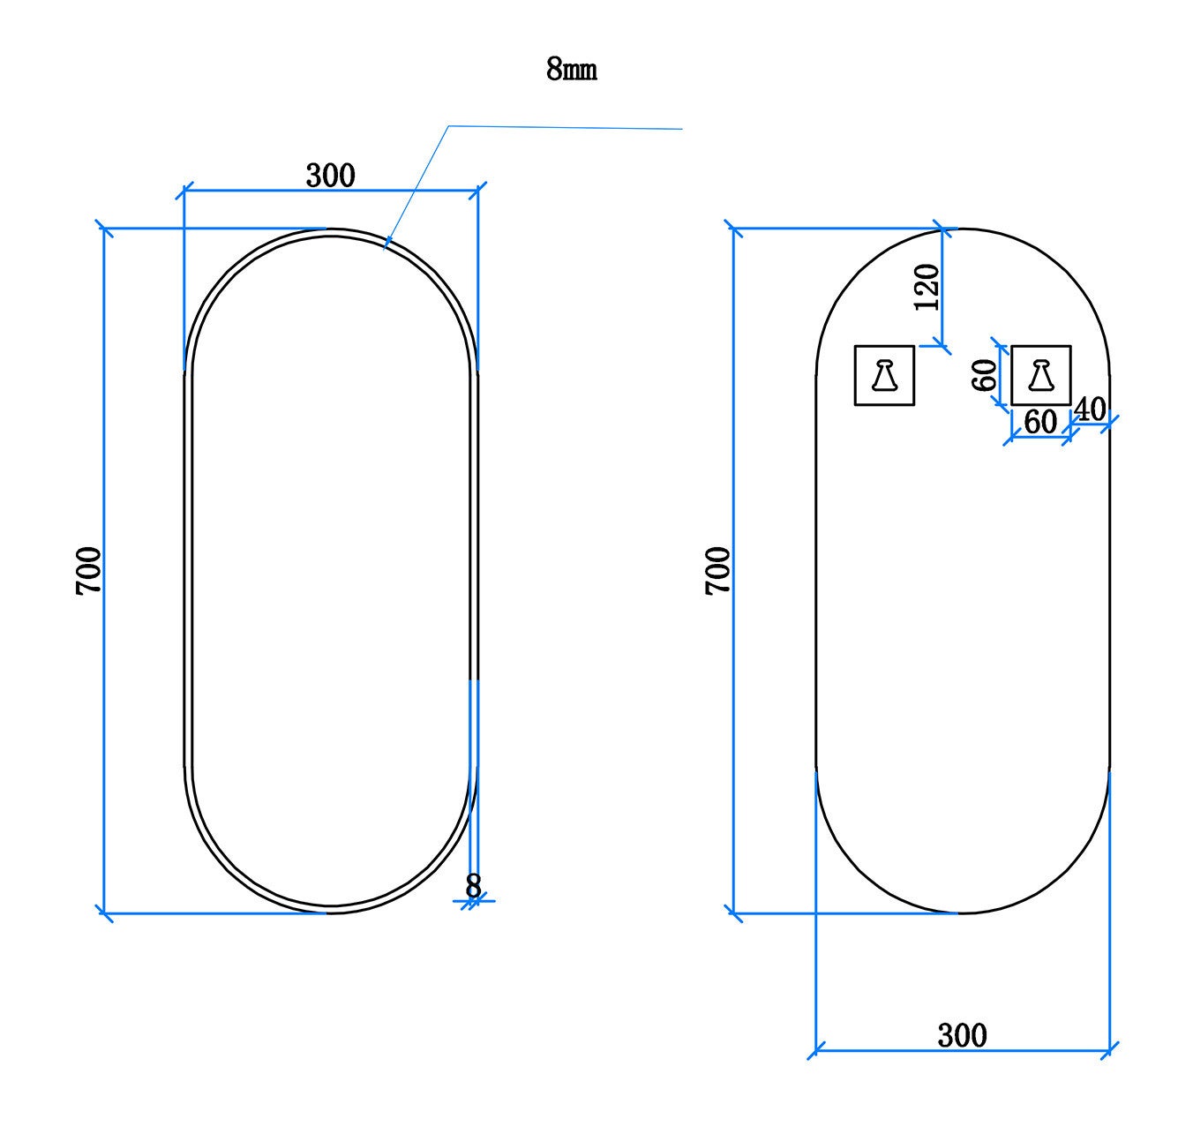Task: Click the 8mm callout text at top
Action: [571, 69]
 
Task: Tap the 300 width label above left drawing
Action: [330, 176]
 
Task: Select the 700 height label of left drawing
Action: [88, 571]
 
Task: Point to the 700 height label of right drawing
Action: [718, 571]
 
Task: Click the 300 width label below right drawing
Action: [963, 1036]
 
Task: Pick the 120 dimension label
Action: [927, 287]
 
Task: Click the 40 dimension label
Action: [1090, 409]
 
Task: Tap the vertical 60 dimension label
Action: [984, 375]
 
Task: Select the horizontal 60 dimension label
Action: [1040, 422]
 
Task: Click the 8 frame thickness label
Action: [473, 886]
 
